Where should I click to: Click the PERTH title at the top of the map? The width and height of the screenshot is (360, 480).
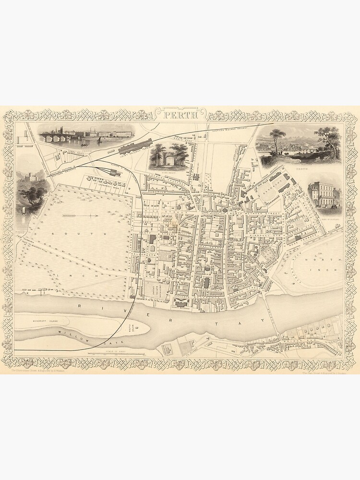click(180, 115)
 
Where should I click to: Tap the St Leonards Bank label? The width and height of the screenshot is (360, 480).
click(103, 181)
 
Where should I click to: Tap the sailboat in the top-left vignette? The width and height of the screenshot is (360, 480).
click(99, 140)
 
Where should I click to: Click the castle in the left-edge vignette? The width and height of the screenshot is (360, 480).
click(27, 180)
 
